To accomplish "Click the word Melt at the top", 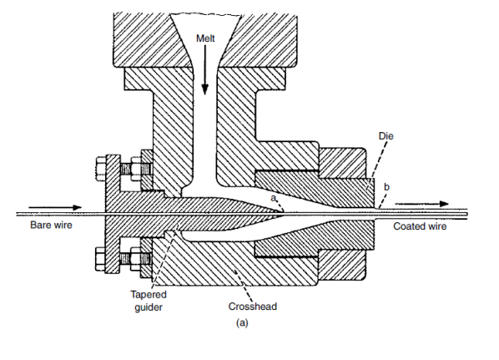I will pyautogui.click(x=205, y=38).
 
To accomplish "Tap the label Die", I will pyautogui.click(x=386, y=134).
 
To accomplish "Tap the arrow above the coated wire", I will pyautogui.click(x=424, y=203).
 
